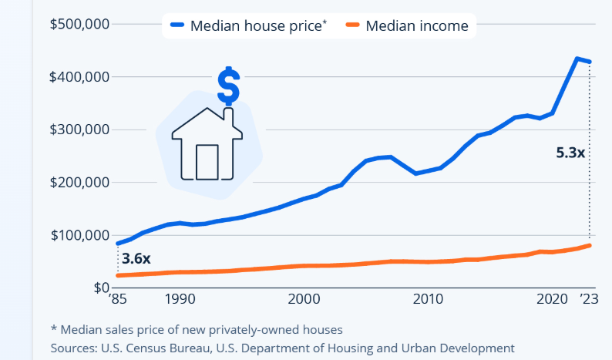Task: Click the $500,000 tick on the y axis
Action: click(x=80, y=25)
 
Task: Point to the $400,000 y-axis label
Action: click(x=80, y=77)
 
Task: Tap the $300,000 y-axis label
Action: click(x=80, y=130)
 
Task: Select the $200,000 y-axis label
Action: click(x=80, y=183)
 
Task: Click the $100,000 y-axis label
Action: click(x=80, y=235)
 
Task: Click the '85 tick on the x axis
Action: click(x=117, y=299)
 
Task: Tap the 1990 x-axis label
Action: click(x=178, y=299)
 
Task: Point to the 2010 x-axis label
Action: click(x=428, y=299)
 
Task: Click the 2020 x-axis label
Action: click(x=552, y=299)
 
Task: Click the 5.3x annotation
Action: click(x=571, y=153)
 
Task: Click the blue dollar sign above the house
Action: click(x=228, y=86)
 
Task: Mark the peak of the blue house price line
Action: click(x=577, y=59)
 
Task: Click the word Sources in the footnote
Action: click(x=72, y=348)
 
